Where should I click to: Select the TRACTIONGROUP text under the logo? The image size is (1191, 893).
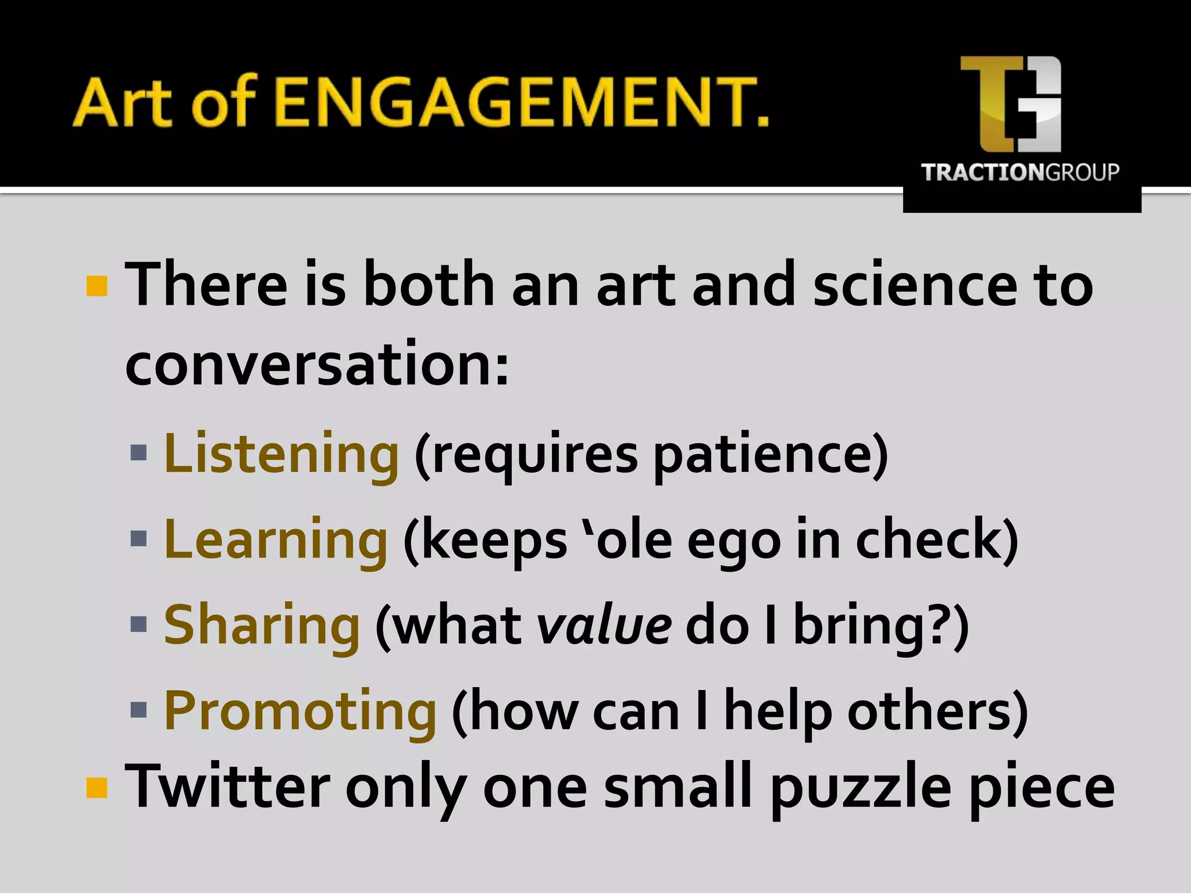[x=1020, y=173]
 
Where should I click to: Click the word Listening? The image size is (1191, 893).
[x=281, y=454]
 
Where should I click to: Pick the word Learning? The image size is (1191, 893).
[x=276, y=540]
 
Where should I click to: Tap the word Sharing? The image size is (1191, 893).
[x=262, y=625]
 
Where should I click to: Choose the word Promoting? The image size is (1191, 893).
[x=300, y=710]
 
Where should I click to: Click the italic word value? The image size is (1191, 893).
[x=604, y=626]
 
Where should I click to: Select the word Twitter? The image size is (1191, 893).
[x=227, y=786]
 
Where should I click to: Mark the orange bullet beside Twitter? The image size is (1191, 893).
[x=97, y=788]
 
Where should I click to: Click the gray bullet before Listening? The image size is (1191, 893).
[x=139, y=453]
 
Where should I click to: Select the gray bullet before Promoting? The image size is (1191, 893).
[x=139, y=709]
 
